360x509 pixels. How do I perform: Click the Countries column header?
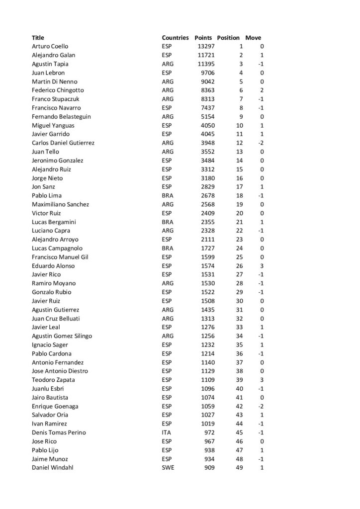click(x=175, y=38)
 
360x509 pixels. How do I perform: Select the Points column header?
click(x=203, y=38)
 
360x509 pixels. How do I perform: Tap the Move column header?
click(x=253, y=38)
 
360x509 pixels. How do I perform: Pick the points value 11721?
click(x=205, y=55)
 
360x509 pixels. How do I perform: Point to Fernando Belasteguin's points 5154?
click(x=207, y=116)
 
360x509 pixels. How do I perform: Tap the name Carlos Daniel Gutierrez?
click(x=63, y=143)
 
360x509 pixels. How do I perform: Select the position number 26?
click(x=239, y=265)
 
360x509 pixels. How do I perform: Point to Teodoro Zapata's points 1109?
click(x=207, y=380)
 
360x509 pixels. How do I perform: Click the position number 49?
click(x=239, y=468)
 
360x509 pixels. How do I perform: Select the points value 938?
click(x=208, y=450)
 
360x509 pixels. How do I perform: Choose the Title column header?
click(x=38, y=38)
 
